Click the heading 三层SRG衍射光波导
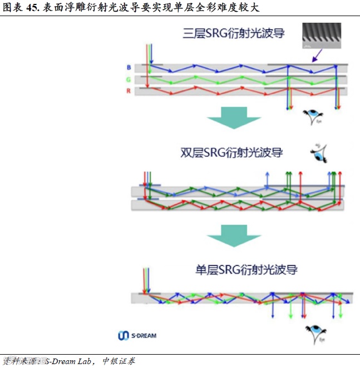(x=234, y=33)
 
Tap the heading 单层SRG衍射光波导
(x=246, y=271)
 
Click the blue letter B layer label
(x=129, y=68)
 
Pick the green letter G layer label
(x=129, y=79)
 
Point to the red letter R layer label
(x=129, y=91)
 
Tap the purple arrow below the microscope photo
(x=317, y=56)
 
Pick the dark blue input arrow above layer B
(x=151, y=54)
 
